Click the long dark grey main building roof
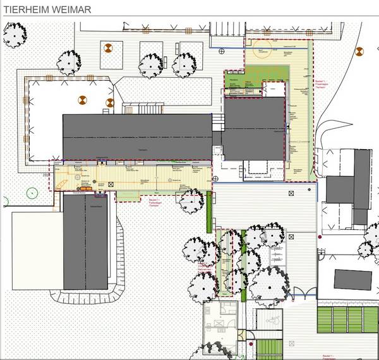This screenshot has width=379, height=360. coord(137,136)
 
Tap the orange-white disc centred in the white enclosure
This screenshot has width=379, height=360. coord(83,99)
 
